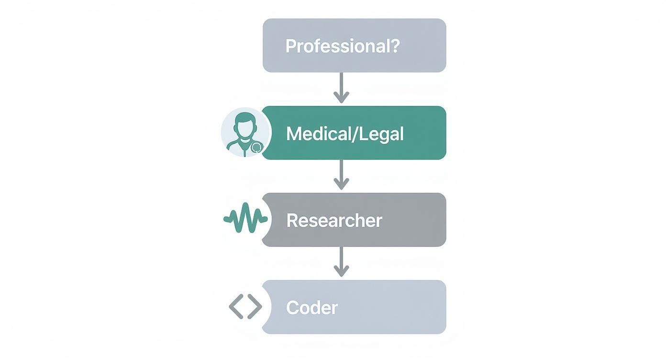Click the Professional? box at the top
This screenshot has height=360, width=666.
point(354,45)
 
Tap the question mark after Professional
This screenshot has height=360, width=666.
point(394,46)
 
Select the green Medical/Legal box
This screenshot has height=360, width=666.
point(354,133)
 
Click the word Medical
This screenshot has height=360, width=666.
point(316,134)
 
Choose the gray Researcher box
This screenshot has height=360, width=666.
point(354,220)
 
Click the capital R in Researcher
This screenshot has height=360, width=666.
point(291,221)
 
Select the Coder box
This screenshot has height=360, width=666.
point(354,307)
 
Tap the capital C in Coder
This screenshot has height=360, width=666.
point(292,307)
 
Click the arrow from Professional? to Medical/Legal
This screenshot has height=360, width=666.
point(341,88)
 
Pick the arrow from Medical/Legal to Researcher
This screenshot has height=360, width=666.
point(341,175)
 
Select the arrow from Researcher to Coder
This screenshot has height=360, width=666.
point(341,262)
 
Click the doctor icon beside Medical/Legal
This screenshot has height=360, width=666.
point(245,133)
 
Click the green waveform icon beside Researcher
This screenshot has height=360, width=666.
point(245,218)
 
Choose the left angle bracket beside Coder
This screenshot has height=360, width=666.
point(236,306)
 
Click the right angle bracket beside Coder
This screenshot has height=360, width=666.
point(255,306)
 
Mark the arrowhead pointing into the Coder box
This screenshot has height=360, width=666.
point(341,271)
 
